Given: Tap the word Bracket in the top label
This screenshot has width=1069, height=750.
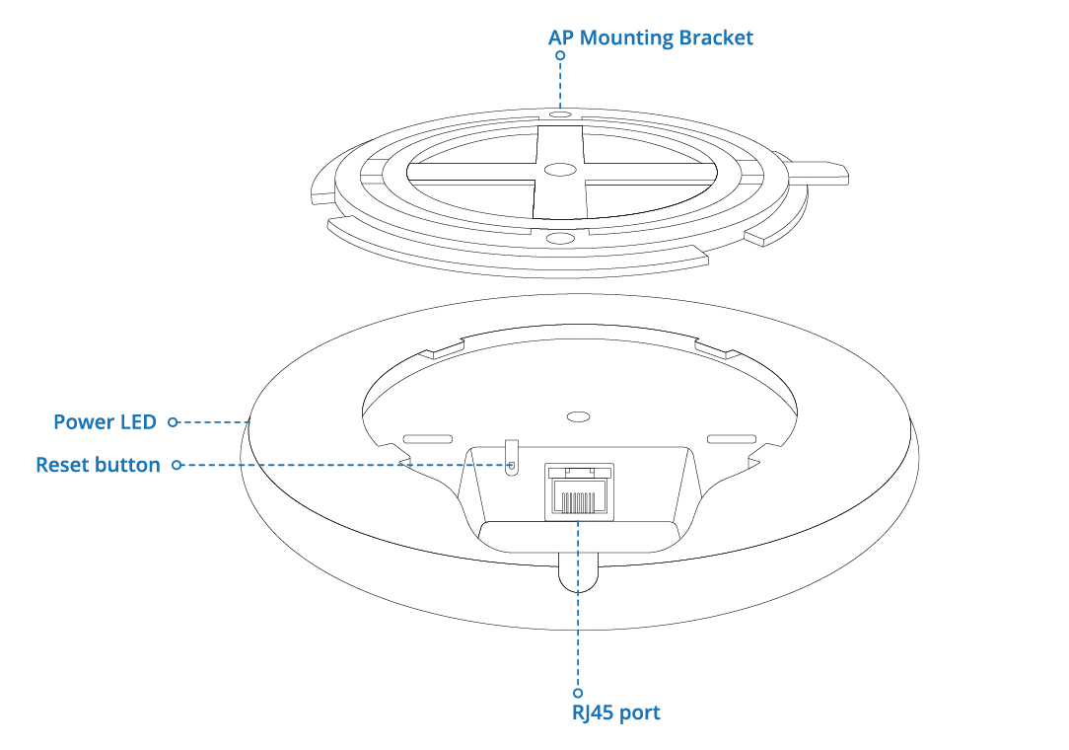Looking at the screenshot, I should (x=717, y=38).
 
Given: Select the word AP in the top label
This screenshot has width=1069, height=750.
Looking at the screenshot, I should (x=562, y=38).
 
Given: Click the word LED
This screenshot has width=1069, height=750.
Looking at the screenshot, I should (x=136, y=422).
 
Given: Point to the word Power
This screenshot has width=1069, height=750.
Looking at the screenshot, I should (x=82, y=422).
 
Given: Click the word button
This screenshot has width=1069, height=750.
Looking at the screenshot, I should (x=128, y=465).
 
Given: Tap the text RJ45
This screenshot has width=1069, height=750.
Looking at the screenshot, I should (x=594, y=712).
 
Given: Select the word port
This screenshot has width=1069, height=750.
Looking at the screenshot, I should (x=640, y=712).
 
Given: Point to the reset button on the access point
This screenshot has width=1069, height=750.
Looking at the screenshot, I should (x=511, y=464).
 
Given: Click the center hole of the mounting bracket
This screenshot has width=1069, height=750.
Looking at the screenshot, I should (x=558, y=170).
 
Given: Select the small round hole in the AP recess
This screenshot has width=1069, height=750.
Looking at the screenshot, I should (x=580, y=417).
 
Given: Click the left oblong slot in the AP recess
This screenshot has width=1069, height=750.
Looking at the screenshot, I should (x=427, y=438).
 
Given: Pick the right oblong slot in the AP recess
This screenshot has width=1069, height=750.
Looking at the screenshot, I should (x=732, y=438).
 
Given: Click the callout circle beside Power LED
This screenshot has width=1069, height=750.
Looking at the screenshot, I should (x=173, y=422).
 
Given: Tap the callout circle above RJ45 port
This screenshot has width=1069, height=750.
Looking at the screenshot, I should (x=578, y=693).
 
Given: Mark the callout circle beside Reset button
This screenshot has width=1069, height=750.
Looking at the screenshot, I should (x=178, y=465).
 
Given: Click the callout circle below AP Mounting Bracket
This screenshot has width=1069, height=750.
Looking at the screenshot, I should (x=560, y=56).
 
